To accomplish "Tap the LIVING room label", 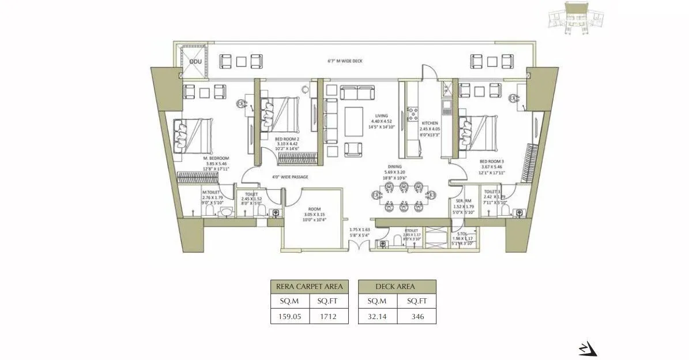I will [381, 115].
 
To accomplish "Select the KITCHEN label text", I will [429, 123].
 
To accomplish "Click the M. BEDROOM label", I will [216, 158].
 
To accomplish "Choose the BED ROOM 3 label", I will [492, 162].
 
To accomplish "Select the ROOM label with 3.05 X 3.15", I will [314, 209].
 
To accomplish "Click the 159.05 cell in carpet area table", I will [289, 316].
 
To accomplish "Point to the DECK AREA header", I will [397, 286].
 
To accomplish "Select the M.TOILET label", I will [210, 193].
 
